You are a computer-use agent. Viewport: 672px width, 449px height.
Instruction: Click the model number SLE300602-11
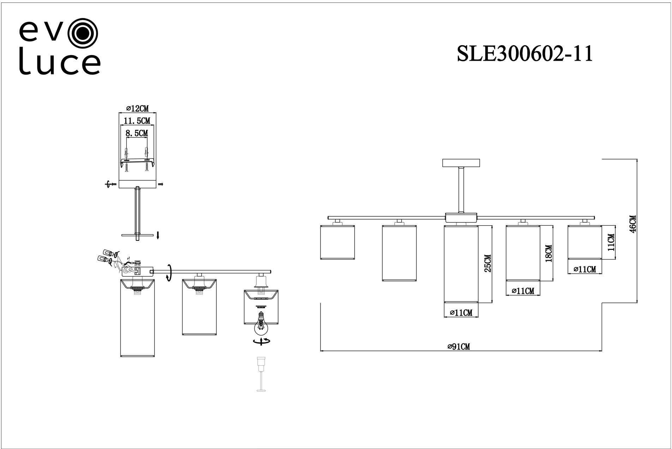click(x=524, y=54)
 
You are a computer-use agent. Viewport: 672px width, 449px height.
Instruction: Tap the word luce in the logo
click(x=59, y=64)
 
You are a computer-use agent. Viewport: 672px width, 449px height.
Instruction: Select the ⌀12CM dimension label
click(x=137, y=109)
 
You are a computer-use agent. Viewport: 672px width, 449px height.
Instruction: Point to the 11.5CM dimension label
click(x=137, y=121)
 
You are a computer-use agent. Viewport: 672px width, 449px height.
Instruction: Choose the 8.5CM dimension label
click(x=137, y=133)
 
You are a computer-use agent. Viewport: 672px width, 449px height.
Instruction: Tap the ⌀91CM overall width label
click(x=458, y=347)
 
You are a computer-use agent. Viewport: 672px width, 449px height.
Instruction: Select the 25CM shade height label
click(x=487, y=263)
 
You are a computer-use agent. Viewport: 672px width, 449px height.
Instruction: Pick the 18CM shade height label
click(x=548, y=253)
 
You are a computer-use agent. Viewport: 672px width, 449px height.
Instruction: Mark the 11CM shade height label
click(x=611, y=242)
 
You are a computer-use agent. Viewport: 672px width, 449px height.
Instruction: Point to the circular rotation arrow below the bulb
click(x=262, y=341)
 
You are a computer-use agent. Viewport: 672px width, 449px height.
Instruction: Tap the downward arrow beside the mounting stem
click(x=158, y=235)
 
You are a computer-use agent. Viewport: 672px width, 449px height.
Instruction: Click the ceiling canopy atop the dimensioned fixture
click(x=461, y=163)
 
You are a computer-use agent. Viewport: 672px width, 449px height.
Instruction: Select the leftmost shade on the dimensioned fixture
click(x=337, y=242)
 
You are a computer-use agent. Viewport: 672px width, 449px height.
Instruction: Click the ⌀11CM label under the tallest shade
click(x=461, y=313)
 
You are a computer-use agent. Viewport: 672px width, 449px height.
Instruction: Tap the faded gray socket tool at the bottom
click(x=261, y=374)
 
